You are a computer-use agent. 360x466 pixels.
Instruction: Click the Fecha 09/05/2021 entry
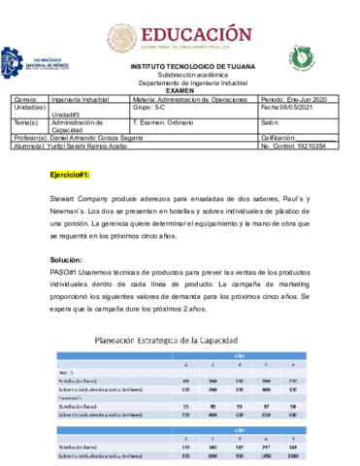(x=288, y=107)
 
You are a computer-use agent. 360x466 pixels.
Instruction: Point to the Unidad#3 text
(x=67, y=115)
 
